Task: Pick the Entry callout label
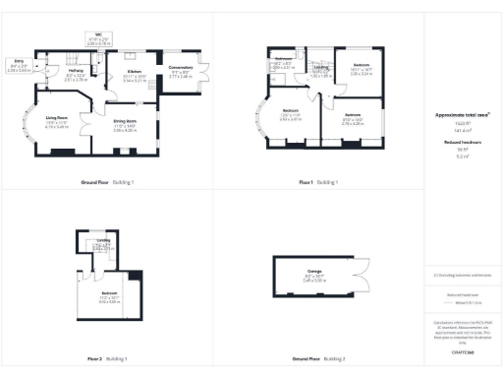click(x=19, y=66)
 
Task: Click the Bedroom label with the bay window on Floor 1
click(x=291, y=113)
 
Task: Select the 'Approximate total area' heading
click(x=462, y=115)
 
